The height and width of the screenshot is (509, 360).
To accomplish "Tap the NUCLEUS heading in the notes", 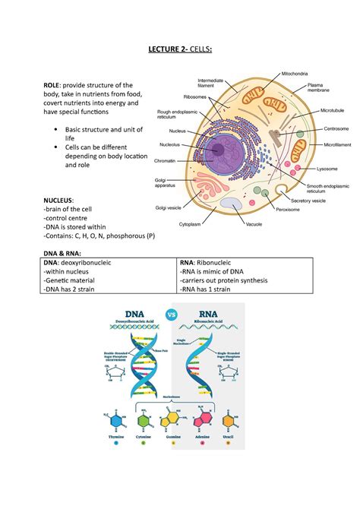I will [x=63, y=199].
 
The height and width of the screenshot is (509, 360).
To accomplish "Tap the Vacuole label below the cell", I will [x=254, y=224].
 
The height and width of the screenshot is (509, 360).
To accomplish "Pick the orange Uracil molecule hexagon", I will [x=226, y=421].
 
